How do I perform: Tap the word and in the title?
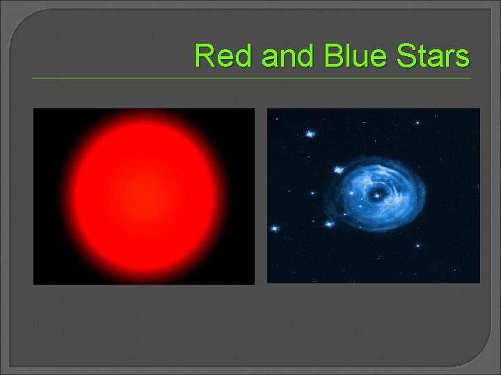[289, 56]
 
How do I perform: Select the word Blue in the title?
[353, 56]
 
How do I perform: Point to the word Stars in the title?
[431, 56]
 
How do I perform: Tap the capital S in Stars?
[402, 56]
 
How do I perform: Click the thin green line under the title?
[250, 78]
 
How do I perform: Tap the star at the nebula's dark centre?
[376, 195]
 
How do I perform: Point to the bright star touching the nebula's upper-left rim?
[339, 169]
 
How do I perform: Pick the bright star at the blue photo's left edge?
[275, 228]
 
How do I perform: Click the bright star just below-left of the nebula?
[330, 224]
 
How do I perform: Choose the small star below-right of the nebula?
[417, 245]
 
